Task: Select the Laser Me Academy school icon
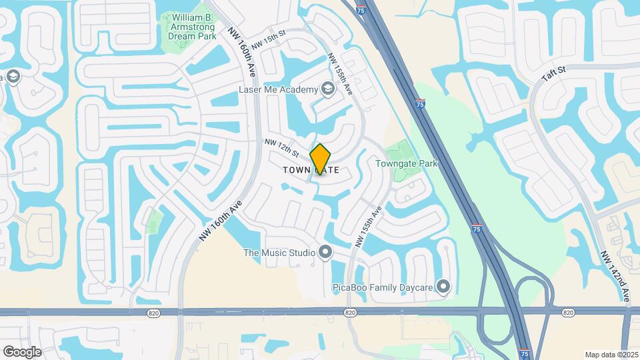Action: point(327,89)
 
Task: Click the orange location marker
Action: point(321,160)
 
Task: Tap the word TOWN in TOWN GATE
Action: point(297,170)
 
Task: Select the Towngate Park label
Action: point(406,163)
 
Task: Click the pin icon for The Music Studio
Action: point(325,252)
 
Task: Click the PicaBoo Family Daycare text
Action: point(383,288)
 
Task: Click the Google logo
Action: point(23,351)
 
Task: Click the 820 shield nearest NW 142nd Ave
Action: point(568,312)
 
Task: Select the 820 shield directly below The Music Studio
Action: point(351,312)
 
